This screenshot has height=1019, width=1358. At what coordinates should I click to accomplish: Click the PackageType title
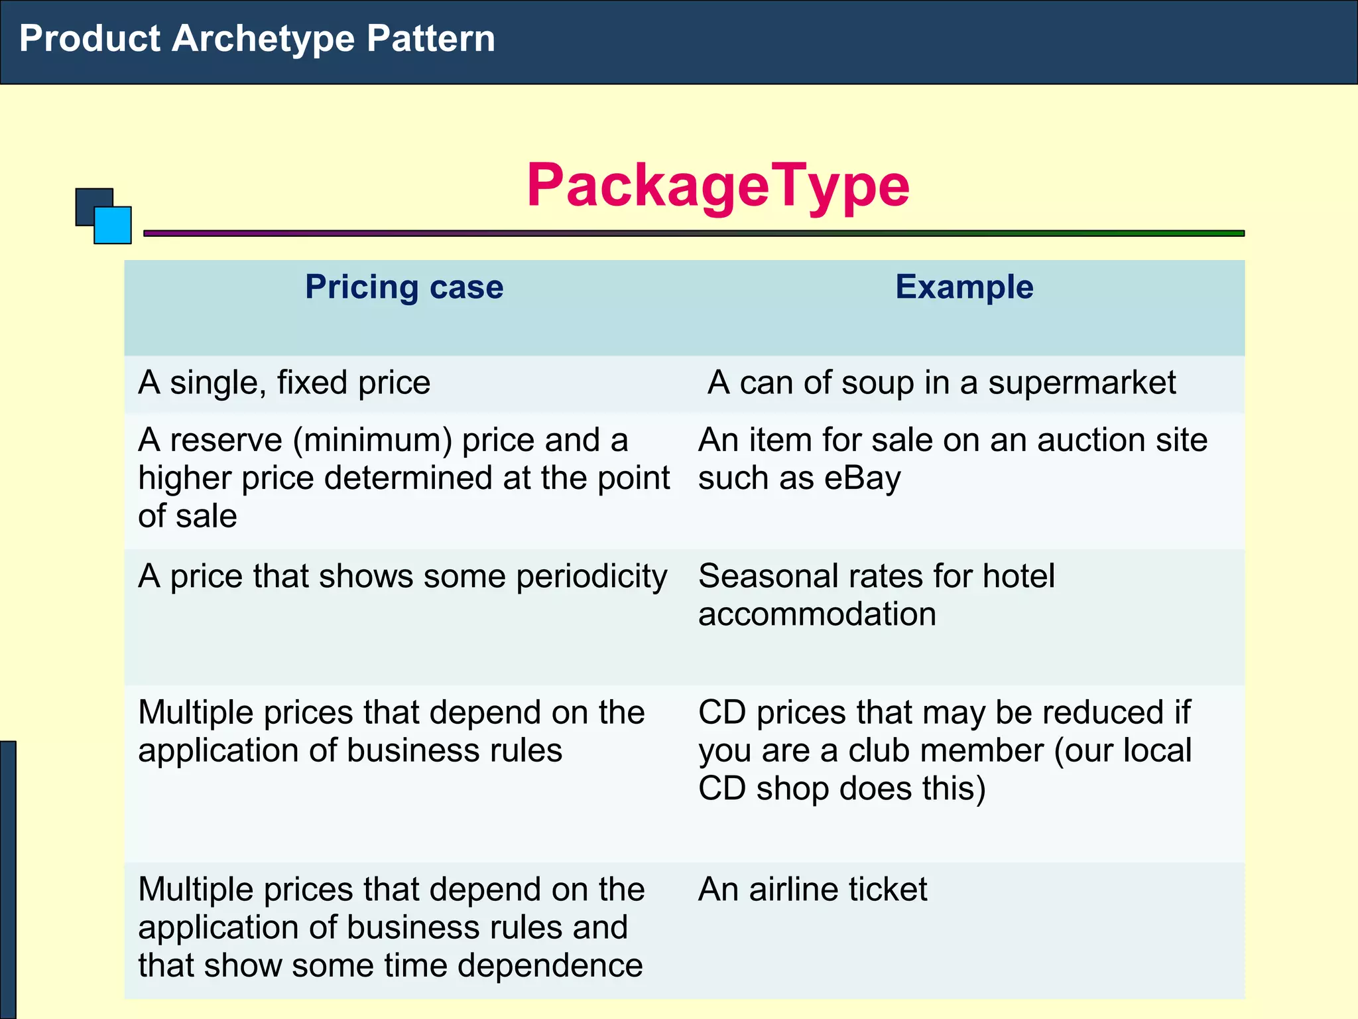(x=717, y=186)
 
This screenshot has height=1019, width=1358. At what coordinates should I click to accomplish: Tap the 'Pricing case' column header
(x=404, y=287)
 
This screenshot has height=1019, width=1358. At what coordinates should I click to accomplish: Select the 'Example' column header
(x=963, y=287)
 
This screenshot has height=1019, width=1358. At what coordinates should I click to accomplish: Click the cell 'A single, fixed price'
(x=284, y=383)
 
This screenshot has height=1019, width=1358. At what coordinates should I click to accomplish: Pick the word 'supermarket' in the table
(x=1082, y=383)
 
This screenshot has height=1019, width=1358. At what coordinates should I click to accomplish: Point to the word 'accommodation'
(x=817, y=614)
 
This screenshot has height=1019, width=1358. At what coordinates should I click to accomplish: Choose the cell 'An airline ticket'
(x=813, y=889)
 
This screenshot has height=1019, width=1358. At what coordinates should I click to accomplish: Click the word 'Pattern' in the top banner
(x=430, y=38)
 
